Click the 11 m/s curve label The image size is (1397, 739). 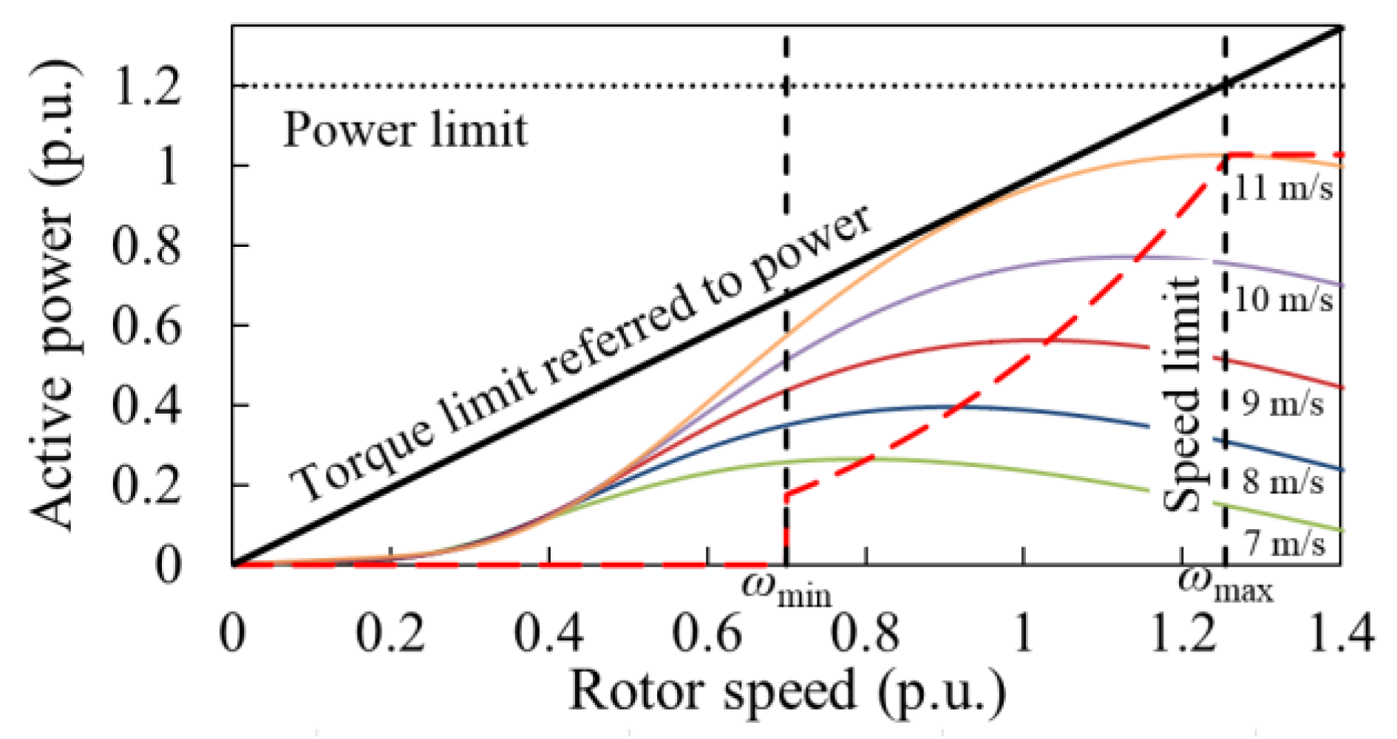point(1284,188)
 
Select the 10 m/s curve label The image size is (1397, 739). point(1284,300)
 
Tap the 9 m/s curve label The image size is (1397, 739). point(1282,403)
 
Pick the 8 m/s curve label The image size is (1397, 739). point(1282,482)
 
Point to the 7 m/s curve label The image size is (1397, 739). point(1284,543)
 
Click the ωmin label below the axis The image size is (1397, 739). point(786,590)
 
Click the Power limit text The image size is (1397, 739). point(405,131)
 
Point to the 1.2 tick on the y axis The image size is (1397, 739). point(146,86)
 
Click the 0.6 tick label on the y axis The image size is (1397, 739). point(146,326)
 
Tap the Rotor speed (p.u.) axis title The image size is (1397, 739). point(787,691)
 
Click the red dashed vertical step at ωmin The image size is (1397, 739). point(786,528)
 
